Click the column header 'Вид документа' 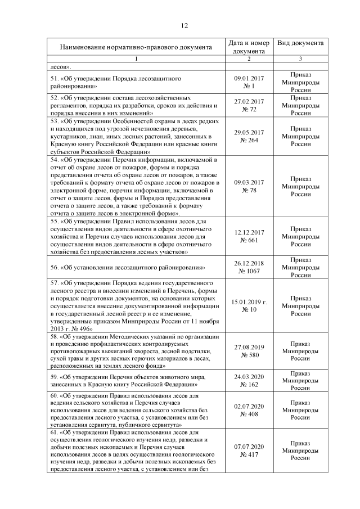pos(300,43)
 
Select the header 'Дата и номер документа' pos(249,47)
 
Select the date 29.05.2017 pos(249,133)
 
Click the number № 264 pos(249,141)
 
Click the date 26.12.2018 pos(249,263)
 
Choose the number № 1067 pos(249,272)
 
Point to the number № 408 pos(249,414)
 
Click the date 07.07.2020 pos(249,446)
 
